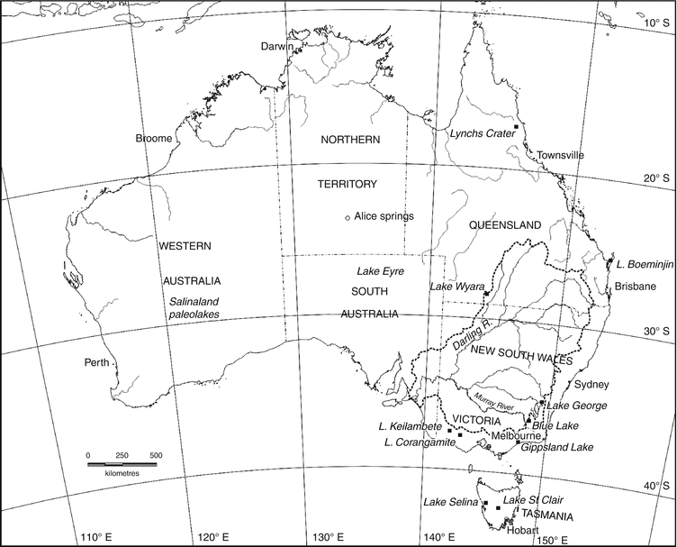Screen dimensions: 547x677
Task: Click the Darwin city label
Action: coord(278,46)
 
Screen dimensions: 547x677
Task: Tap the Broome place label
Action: coord(152,139)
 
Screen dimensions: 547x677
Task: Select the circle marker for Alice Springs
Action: coord(348,217)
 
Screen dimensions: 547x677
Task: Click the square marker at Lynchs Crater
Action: coord(516,127)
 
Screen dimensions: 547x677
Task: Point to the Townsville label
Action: coord(561,155)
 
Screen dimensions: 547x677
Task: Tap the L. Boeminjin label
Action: coord(644,264)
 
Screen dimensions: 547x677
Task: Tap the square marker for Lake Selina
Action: coord(486,504)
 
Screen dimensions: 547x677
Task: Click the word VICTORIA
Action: coord(474,420)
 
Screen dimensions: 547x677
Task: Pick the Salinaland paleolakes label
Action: coord(195,307)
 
